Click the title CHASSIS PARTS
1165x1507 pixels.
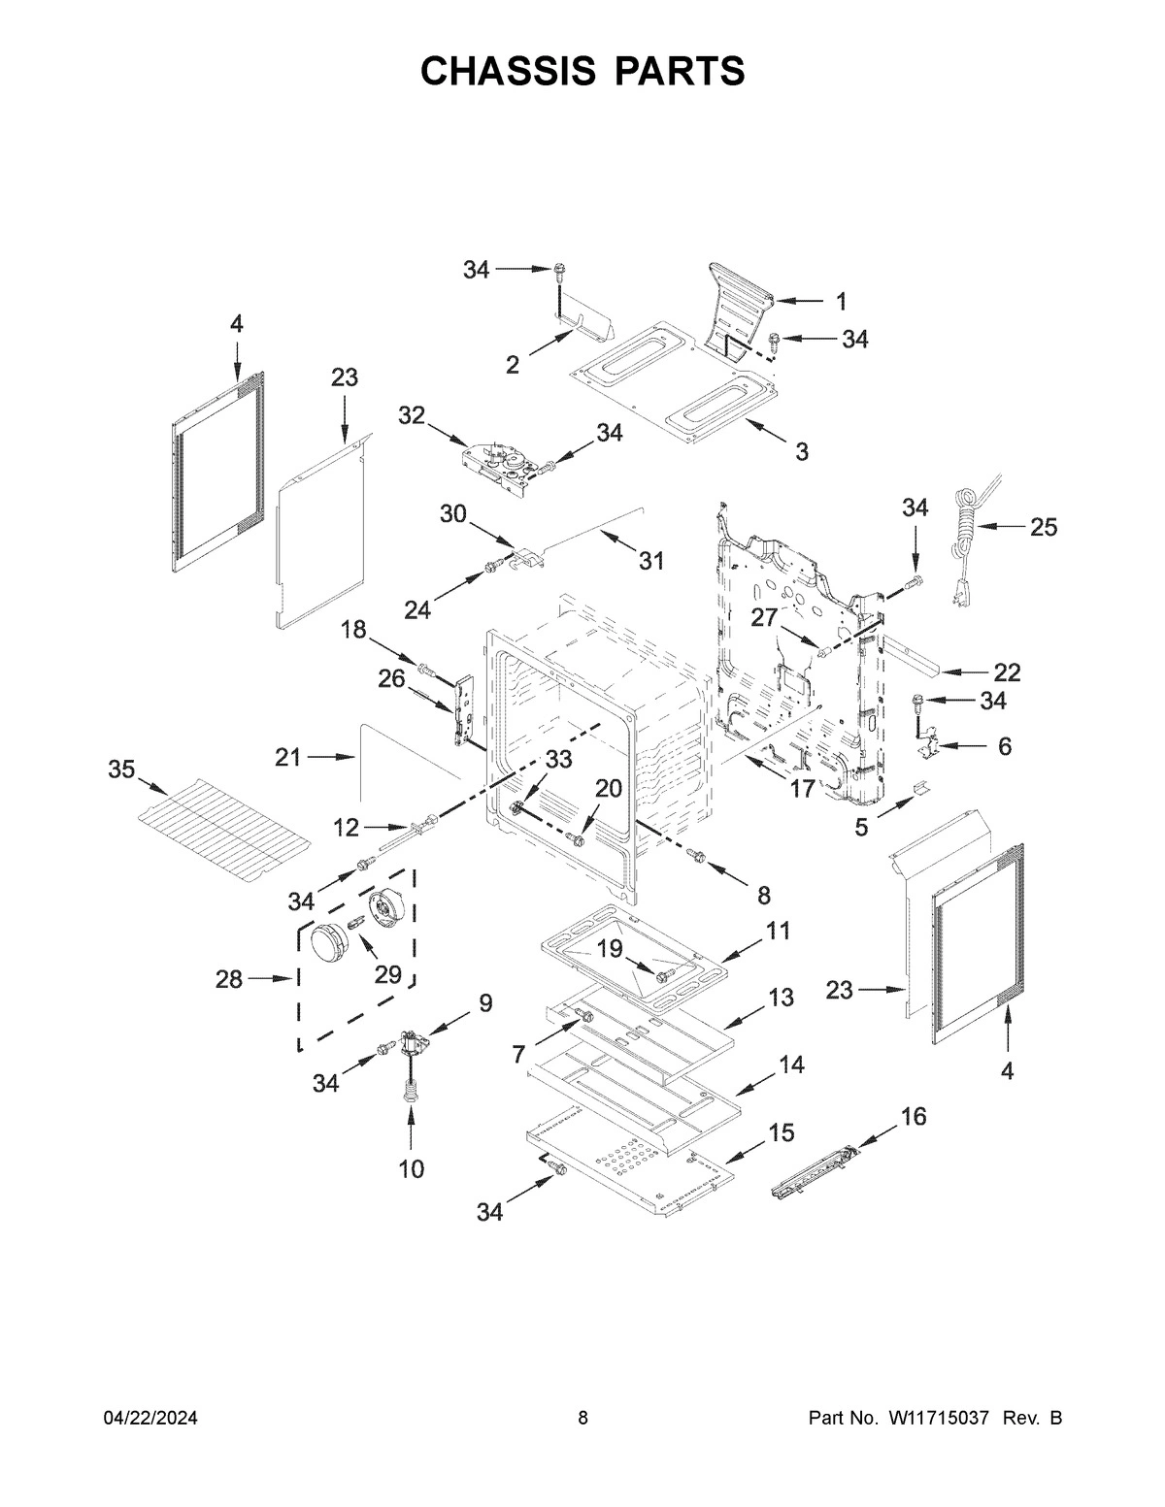(582, 71)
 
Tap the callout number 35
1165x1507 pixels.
(121, 770)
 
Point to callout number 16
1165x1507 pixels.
(913, 1116)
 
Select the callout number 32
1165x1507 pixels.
(412, 415)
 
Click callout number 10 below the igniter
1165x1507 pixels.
(411, 1169)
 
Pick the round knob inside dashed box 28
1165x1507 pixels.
(328, 943)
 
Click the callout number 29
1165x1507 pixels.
(388, 974)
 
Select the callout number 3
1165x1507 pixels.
(801, 451)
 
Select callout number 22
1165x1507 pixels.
(1007, 672)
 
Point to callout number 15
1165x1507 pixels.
(781, 1132)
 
